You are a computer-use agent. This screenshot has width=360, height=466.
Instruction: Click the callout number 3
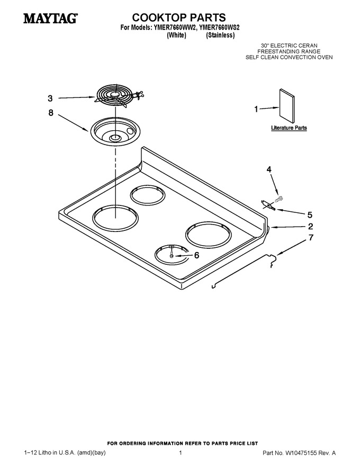point(50,98)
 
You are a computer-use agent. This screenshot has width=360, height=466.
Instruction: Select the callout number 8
point(51,113)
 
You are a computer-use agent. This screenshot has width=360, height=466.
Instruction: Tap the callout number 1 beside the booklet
point(256,110)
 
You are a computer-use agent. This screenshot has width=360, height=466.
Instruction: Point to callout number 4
point(269,169)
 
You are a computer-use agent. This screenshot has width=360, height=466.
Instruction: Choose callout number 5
point(310,214)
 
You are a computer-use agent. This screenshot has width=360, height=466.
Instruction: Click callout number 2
point(310,227)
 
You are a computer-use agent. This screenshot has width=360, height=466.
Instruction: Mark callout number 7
point(311,238)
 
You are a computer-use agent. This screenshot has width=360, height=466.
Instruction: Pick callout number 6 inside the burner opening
point(196,255)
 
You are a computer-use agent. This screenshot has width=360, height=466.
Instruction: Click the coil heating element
point(118,96)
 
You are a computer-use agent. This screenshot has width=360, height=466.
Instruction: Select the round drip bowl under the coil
point(115,132)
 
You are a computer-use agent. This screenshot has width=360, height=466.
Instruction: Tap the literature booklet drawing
point(286,105)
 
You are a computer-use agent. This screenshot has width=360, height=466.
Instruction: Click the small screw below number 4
point(278,198)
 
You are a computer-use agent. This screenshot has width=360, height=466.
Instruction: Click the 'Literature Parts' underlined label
point(289,128)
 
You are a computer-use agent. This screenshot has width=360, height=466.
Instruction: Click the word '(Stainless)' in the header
point(220,35)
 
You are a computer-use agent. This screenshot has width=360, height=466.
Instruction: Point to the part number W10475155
point(301,453)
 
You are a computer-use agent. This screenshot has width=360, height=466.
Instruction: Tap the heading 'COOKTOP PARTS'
point(179,17)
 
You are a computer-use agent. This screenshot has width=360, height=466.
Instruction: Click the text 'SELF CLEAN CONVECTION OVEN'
point(289,57)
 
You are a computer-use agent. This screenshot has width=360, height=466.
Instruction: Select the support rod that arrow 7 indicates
point(244,271)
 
